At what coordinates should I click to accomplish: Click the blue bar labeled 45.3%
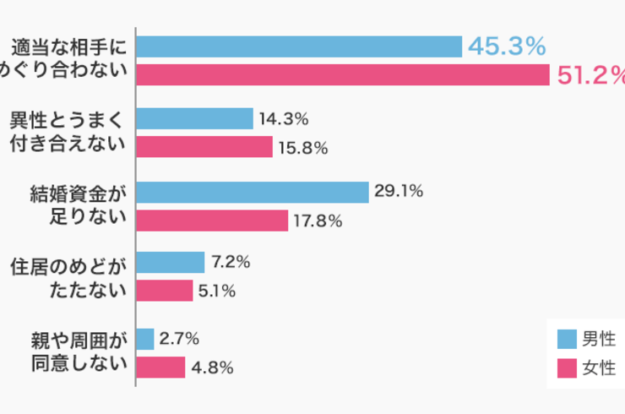tap(298, 46)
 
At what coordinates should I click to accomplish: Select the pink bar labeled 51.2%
tap(343, 75)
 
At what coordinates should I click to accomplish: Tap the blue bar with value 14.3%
tap(194, 119)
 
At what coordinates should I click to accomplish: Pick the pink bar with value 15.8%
tap(204, 148)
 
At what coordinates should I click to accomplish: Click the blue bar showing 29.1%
tap(252, 192)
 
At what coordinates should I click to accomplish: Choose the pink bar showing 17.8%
tap(211, 221)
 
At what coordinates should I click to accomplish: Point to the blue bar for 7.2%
tap(170, 263)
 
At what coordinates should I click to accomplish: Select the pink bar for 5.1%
tap(164, 291)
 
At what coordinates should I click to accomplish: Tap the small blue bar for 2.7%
tap(144, 339)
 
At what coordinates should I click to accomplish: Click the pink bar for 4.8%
tap(160, 368)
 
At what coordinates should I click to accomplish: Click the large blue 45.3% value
tap(507, 46)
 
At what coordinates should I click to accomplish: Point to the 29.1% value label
tap(399, 192)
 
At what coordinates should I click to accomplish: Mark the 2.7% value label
tap(179, 339)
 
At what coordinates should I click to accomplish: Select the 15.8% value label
tap(303, 148)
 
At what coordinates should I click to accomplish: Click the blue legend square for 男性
tap(567, 339)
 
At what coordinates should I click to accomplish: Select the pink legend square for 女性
tap(567, 368)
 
